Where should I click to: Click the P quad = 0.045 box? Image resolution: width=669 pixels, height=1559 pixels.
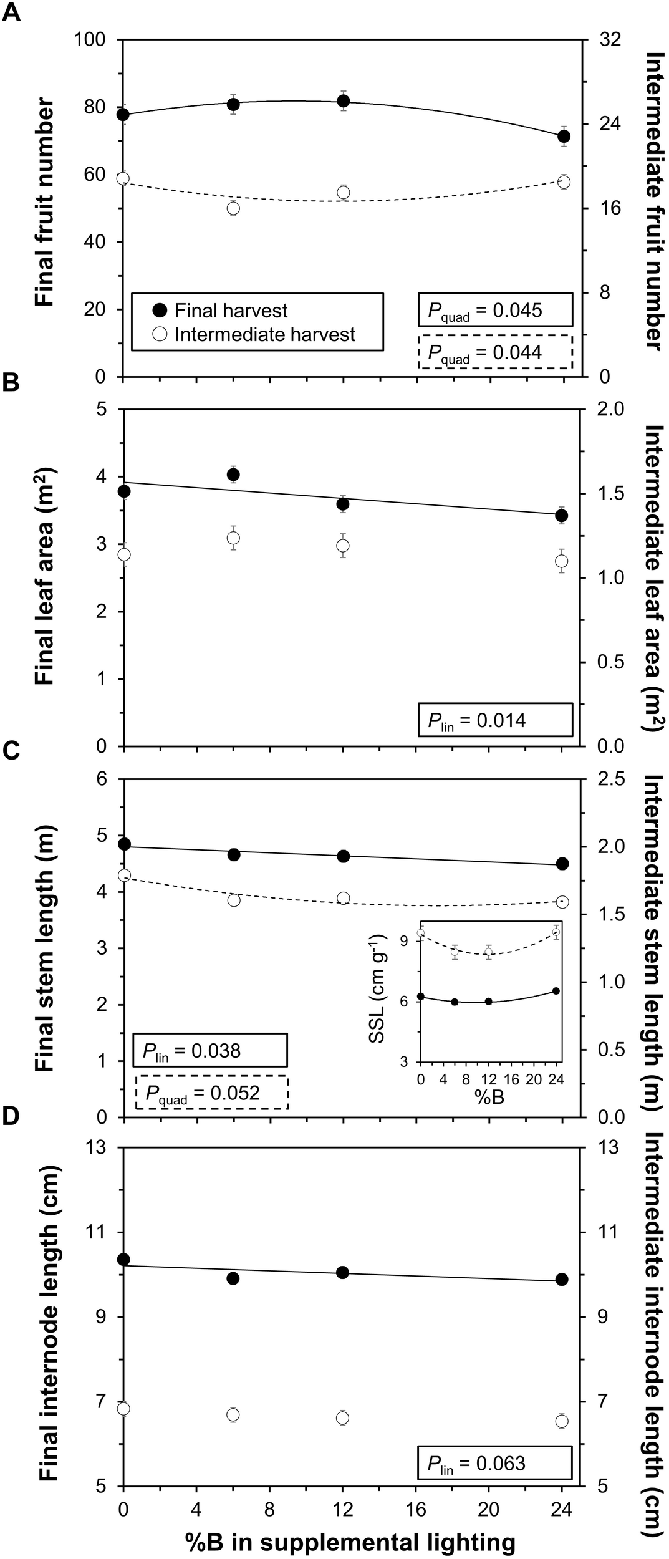click(x=494, y=310)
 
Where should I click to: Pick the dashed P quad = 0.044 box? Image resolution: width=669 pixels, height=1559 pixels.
click(x=494, y=352)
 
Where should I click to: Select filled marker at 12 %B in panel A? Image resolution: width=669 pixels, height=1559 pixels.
click(x=343, y=101)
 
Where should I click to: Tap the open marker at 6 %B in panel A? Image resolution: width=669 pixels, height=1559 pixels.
click(x=233, y=208)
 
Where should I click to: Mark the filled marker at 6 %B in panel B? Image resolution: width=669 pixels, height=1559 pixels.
click(x=233, y=475)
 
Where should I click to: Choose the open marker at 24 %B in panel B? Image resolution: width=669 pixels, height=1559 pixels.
click(x=562, y=561)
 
